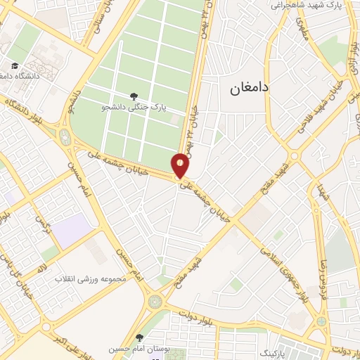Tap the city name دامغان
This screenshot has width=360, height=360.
coord(249,89)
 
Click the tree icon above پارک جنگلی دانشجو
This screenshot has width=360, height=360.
coord(134,96)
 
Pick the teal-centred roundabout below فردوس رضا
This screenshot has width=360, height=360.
coord(321,321)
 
